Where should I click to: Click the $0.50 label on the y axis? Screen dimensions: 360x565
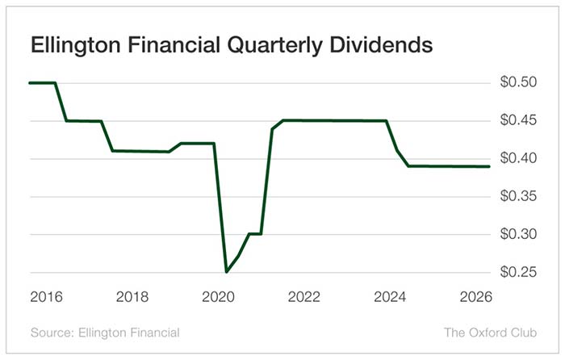[x=517, y=82]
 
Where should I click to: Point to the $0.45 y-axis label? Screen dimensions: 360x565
[x=517, y=120]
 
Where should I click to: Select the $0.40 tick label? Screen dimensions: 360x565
[x=517, y=158]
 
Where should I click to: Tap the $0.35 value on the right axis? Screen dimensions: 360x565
[x=517, y=196]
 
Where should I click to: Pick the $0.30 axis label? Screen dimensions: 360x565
[x=517, y=234]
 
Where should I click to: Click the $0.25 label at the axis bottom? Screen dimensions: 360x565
[x=517, y=272]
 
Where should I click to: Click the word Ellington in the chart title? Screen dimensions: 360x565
[x=70, y=46]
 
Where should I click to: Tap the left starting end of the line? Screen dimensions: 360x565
[x=30, y=82]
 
